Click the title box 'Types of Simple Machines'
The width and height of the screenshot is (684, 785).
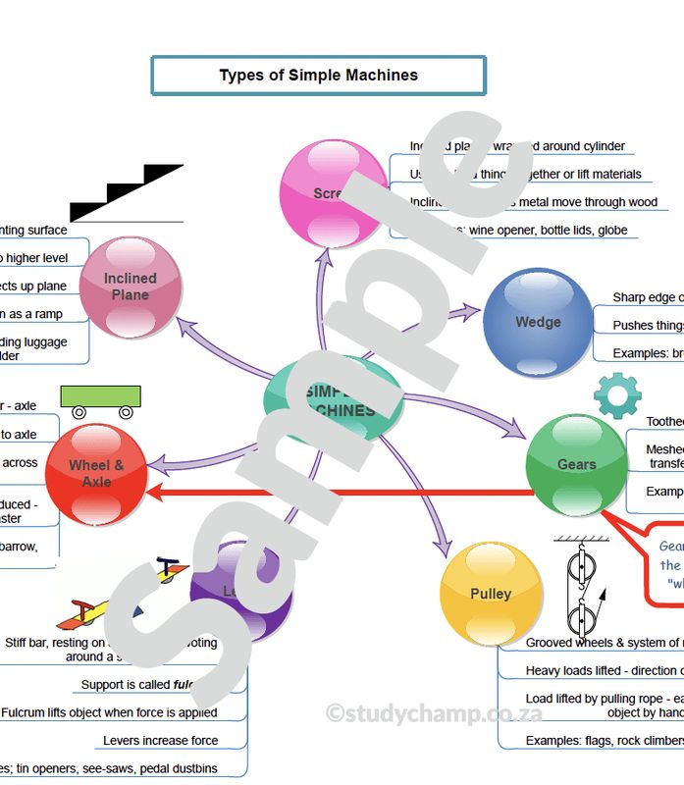pyautogui.click(x=318, y=76)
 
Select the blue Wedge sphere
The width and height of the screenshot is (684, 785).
pyautogui.click(x=537, y=322)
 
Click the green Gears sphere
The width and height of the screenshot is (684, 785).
pyautogui.click(x=576, y=464)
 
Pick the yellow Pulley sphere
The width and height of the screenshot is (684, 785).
pyautogui.click(x=491, y=594)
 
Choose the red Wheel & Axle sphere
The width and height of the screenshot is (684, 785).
pyautogui.click(x=96, y=474)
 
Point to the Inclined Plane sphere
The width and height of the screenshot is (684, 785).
pyautogui.click(x=131, y=287)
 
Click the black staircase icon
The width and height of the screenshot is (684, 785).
pyautogui.click(x=128, y=194)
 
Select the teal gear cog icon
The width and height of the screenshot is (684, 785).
pyautogui.click(x=617, y=395)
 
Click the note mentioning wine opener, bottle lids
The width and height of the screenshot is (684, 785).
pyautogui.click(x=520, y=230)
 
